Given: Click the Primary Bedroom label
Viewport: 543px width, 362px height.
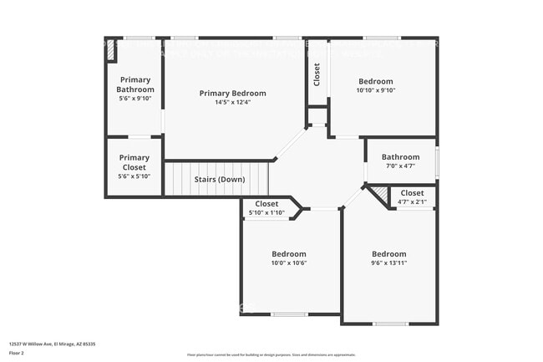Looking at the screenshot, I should pos(232,93).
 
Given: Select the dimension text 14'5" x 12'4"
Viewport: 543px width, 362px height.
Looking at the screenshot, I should pos(232,102).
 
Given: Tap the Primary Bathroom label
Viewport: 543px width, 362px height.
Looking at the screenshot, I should pos(134,84).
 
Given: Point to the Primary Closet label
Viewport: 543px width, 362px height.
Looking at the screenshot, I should pos(134,162).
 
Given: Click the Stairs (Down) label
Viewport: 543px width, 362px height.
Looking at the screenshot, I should pos(219,180).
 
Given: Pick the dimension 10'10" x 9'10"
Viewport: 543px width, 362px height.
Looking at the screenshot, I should pos(375,90).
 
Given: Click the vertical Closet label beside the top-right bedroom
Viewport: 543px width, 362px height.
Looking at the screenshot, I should pos(317,74).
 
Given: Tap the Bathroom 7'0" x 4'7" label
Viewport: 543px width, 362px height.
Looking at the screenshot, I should pos(400,156).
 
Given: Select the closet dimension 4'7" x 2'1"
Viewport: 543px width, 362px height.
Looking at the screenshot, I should pos(412,202).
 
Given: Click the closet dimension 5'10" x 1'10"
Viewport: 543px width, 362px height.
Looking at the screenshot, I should pos(266,212).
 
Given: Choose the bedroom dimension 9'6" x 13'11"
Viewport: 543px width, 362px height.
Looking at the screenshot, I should pos(388,263).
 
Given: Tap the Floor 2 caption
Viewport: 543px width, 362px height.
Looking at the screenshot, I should pos(17,353).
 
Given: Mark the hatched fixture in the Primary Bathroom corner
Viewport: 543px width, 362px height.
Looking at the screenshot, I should pos(111,50).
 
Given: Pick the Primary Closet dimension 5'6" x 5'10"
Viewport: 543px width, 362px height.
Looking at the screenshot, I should pos(134,176).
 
